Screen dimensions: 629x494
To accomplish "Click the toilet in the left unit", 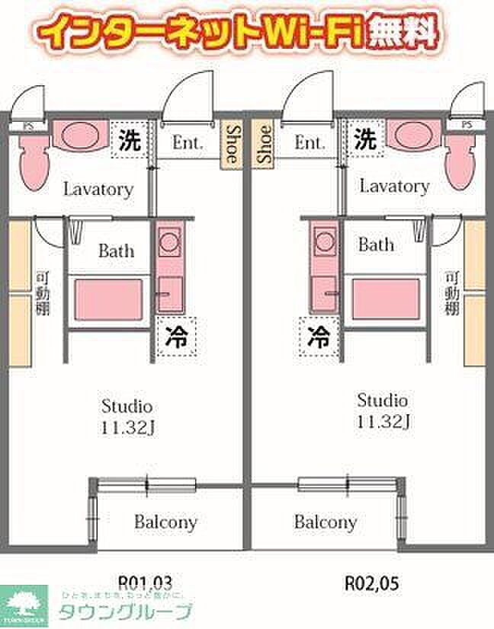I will click(x=33, y=162).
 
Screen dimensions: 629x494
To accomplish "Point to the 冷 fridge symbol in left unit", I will click(x=177, y=336).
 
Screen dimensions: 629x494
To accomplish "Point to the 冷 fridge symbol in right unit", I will click(x=319, y=336).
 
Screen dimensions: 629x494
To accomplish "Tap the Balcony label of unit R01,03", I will click(x=165, y=522).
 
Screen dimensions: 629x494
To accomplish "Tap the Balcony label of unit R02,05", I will click(x=326, y=522).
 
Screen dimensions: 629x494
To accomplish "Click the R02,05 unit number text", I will click(x=372, y=583).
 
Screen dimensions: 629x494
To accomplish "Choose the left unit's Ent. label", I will click(x=186, y=142).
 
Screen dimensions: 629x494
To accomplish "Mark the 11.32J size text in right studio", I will click(x=383, y=421).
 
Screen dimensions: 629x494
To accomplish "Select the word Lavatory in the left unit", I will click(x=98, y=189).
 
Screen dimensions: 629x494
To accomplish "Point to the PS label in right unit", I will click(x=467, y=124).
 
